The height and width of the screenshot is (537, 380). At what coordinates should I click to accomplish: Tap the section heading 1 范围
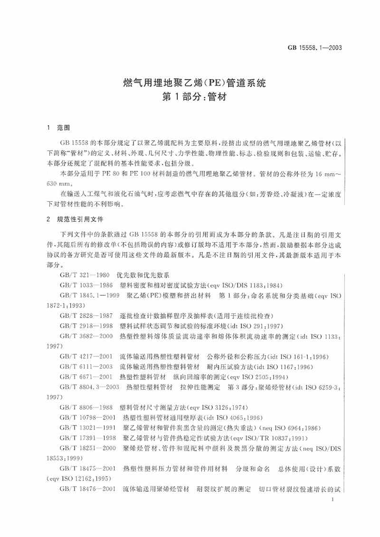[x=54, y=128]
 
